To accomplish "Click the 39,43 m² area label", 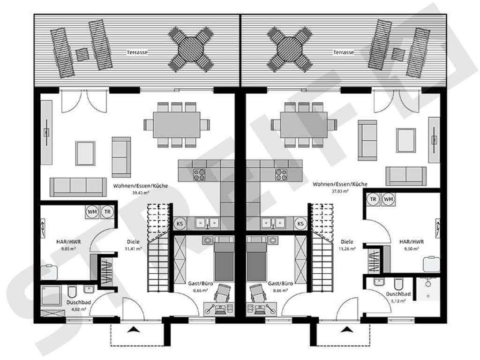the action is (141, 193).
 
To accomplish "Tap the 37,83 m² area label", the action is (340, 191).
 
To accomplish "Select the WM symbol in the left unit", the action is (92, 211).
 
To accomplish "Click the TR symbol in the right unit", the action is (373, 199).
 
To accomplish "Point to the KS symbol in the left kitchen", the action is (180, 224).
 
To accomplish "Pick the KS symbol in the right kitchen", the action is (300, 224).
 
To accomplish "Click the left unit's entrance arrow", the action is (133, 330).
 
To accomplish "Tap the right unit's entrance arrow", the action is (346, 330).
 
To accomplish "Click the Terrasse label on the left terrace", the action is (137, 52).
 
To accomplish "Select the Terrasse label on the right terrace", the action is (344, 52).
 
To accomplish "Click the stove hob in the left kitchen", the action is (199, 174).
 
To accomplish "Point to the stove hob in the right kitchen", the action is (281, 174).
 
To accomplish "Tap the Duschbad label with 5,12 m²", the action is (398, 294).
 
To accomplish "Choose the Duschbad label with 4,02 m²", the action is (79, 302).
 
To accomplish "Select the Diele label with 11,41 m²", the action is (133, 242).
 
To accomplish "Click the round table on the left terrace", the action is (191, 49).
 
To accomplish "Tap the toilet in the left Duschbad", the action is (72, 292).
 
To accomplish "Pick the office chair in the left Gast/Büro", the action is (223, 293).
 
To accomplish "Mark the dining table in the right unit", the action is (304, 125).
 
